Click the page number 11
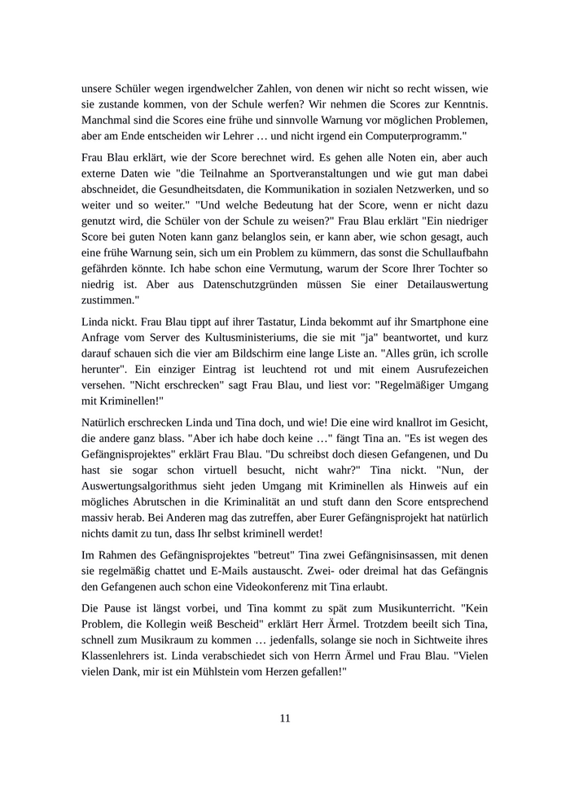point(285,717)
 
